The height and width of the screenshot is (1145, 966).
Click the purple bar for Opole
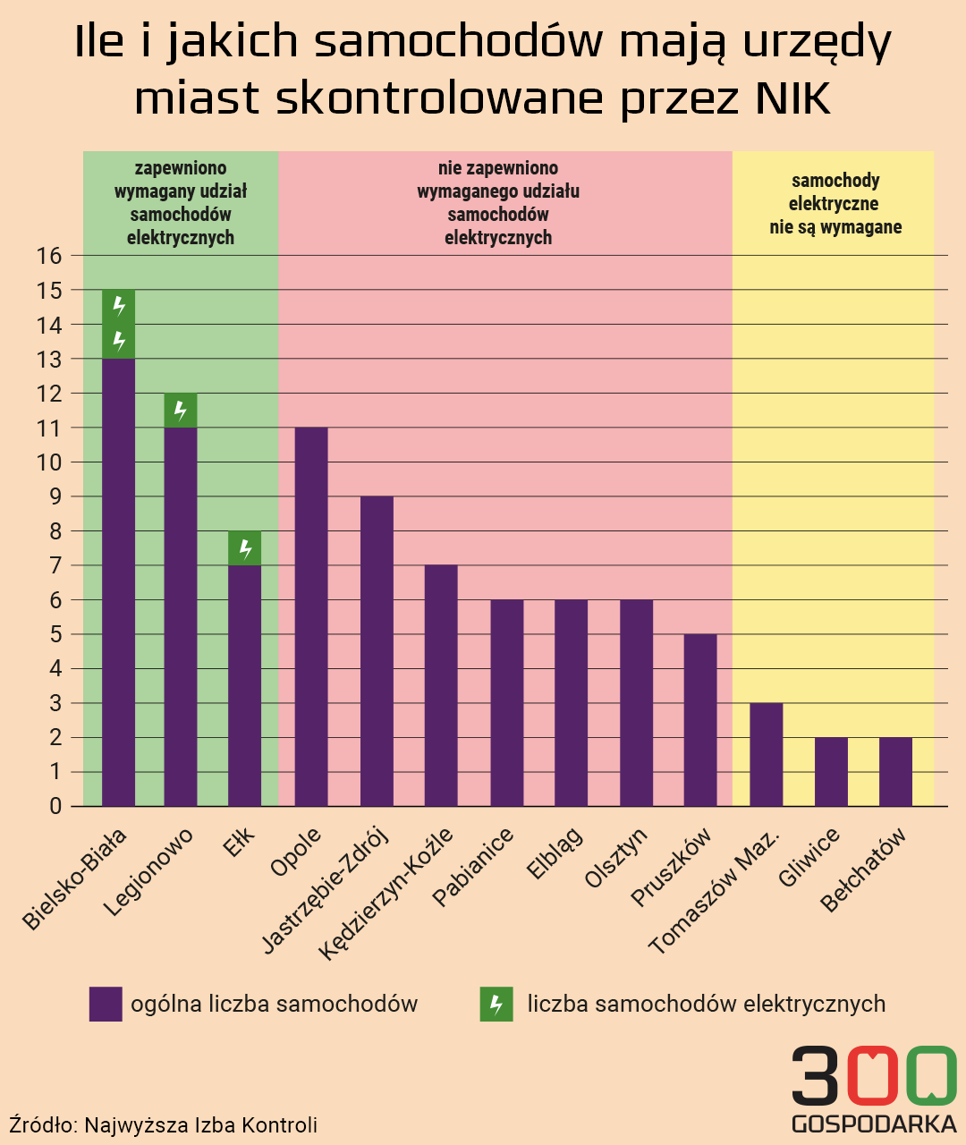click(x=311, y=617)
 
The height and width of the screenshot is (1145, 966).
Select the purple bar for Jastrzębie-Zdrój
click(x=377, y=651)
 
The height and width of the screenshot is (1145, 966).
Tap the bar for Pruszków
click(x=700, y=720)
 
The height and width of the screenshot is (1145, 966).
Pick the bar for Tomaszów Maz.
click(x=766, y=755)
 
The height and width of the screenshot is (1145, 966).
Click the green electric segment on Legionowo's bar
click(x=181, y=411)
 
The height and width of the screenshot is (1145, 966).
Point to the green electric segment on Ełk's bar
click(x=245, y=548)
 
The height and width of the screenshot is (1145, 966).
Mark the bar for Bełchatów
click(x=895, y=772)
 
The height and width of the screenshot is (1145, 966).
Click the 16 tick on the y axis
click(x=49, y=256)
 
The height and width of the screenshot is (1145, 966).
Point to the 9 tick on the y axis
click(x=55, y=496)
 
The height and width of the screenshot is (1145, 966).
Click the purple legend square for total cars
click(x=106, y=1004)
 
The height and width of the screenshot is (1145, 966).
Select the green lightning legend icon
click(x=496, y=1004)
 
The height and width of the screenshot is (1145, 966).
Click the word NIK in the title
click(x=793, y=98)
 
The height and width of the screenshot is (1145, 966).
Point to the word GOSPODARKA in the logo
click(x=874, y=1124)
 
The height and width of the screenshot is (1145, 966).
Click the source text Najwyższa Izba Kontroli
click(x=200, y=1125)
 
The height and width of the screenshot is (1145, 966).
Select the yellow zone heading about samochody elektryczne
click(x=835, y=204)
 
